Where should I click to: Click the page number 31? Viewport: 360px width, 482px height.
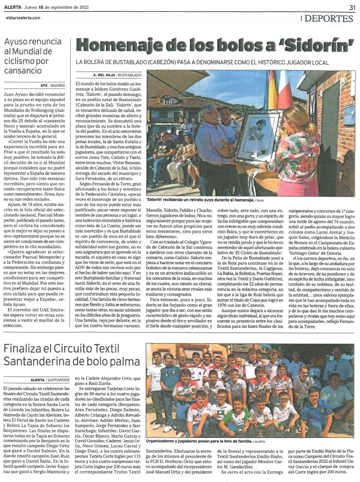(x=352, y=7)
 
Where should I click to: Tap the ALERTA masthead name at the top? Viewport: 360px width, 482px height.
(x=13, y=7)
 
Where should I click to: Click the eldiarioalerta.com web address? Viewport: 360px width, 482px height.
(x=23, y=18)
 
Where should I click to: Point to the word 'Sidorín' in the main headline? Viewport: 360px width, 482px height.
(x=320, y=45)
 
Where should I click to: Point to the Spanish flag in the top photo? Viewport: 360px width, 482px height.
(x=272, y=90)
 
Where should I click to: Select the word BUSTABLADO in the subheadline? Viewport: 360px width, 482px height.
(x=126, y=62)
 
